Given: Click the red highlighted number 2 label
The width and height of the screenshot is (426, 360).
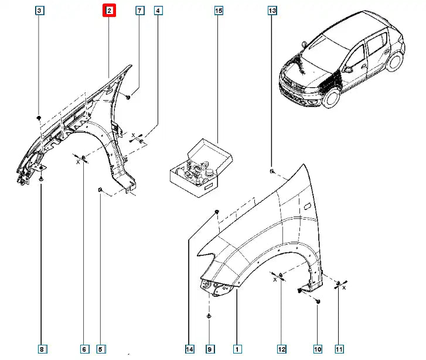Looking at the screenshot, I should click(x=110, y=11).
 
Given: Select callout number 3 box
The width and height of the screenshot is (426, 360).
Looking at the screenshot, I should click(x=39, y=11).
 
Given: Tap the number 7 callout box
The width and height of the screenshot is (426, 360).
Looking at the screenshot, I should click(x=139, y=11).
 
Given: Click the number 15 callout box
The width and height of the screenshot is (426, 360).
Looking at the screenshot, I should click(x=218, y=11).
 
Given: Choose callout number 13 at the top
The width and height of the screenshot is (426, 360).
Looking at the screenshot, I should click(x=272, y=11).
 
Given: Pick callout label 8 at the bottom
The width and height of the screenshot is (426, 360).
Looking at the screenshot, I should click(x=42, y=349).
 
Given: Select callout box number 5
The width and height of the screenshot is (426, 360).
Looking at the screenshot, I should click(x=100, y=349).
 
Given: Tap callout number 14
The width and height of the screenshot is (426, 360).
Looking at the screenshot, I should click(x=189, y=349).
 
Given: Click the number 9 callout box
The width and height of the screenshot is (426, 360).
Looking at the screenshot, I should click(x=210, y=349).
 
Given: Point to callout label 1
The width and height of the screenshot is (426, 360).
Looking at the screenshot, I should click(x=237, y=349).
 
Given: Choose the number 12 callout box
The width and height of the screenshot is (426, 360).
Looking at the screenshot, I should click(x=281, y=349).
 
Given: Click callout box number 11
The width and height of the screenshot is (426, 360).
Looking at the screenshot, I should click(x=339, y=349).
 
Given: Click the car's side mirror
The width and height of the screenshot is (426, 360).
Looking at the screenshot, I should click(x=348, y=69).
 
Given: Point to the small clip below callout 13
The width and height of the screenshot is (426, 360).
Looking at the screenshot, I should click(x=273, y=170).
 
